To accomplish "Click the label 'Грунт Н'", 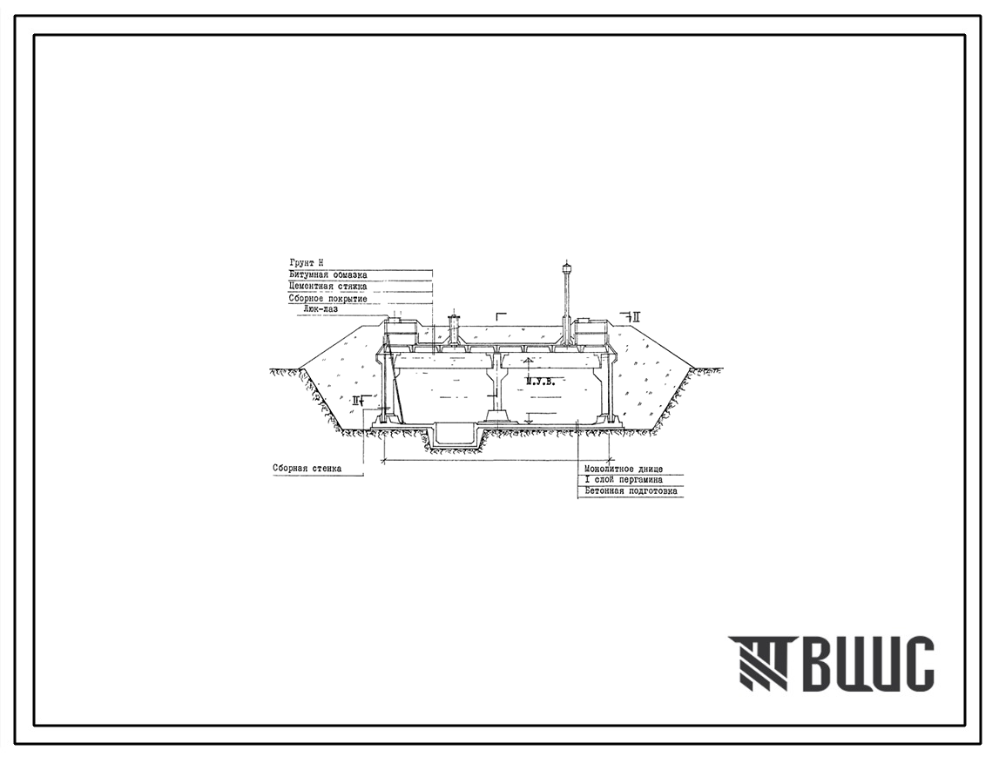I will tap(306, 263).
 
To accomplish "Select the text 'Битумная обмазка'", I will tap(327, 275).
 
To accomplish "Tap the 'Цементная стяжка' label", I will tap(327, 287).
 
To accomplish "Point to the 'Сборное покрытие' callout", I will tap(327, 299).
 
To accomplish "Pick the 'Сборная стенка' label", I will tap(306, 469).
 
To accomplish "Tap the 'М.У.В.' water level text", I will tap(541, 381).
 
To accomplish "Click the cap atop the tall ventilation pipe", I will tap(567, 267).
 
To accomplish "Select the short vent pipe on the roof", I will tap(452, 331).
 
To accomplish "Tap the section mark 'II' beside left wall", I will tap(357, 401).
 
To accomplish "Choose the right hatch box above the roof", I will tap(590, 331).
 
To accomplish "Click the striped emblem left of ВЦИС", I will tap(757, 664).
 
